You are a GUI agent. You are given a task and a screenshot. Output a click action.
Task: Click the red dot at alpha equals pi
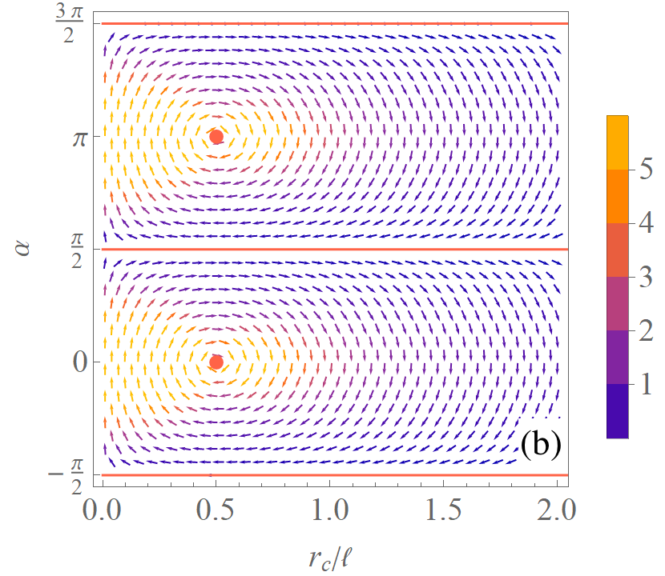tap(216, 136)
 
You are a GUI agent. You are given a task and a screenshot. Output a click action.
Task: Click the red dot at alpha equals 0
tap(216, 362)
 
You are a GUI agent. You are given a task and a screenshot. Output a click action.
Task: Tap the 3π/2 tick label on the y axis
tap(70, 24)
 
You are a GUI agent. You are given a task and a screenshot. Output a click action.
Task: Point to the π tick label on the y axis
tap(80, 138)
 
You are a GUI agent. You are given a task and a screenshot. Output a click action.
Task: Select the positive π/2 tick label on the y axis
tap(76, 250)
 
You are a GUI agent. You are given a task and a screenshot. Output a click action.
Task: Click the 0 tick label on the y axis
tap(80, 362)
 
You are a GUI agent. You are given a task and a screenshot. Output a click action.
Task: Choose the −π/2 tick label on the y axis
tap(66, 477)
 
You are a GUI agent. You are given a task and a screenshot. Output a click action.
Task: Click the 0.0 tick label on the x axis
tap(102, 509)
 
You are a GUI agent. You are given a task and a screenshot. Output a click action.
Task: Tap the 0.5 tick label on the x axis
tap(215, 509)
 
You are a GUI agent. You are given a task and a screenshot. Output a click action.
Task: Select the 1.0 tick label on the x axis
tap(330, 509)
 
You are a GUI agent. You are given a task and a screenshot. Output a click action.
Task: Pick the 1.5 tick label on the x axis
tap(443, 509)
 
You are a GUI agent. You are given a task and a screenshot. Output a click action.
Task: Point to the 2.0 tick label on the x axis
tap(556, 509)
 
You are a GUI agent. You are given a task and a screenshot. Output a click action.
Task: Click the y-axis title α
tap(24, 248)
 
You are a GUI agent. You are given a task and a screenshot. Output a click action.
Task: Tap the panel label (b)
tap(541, 444)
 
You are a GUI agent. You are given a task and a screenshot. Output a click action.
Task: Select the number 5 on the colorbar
tap(646, 169)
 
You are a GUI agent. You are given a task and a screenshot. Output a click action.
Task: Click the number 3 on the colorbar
tap(646, 277)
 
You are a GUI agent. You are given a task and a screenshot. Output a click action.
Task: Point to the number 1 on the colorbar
tap(646, 384)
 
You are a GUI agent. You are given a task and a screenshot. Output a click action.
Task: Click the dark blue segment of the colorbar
tap(618, 411)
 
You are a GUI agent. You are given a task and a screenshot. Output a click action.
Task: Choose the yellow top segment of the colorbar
tap(618, 142)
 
